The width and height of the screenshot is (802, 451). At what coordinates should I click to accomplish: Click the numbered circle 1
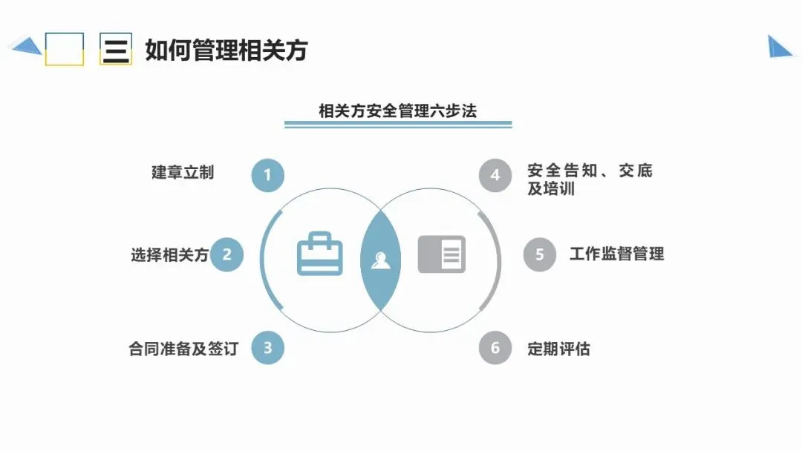point(268,176)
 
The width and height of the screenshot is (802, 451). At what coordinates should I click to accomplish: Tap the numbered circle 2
point(227,255)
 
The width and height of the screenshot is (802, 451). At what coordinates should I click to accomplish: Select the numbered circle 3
point(268,347)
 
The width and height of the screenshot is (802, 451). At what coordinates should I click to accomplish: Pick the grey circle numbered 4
point(495,176)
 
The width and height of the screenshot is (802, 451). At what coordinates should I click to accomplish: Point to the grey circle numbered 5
point(540,255)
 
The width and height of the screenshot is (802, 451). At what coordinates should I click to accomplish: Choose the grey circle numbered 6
point(495,348)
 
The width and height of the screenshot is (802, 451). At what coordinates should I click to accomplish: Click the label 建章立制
point(183,172)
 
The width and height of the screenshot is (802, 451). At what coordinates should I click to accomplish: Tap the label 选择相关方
point(169,255)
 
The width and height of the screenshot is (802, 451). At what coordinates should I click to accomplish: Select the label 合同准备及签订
point(183,348)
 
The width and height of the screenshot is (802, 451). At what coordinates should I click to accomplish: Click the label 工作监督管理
point(616,254)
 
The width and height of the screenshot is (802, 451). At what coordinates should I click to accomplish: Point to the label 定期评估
point(558,349)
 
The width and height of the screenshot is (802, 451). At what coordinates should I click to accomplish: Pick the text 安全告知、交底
point(590,171)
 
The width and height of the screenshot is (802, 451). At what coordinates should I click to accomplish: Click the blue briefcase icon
point(320,254)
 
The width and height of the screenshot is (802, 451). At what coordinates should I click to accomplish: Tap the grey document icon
point(441,254)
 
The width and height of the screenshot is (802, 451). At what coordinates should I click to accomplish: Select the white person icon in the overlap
point(381,260)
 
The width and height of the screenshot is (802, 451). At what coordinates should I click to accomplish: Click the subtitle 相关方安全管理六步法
point(397,111)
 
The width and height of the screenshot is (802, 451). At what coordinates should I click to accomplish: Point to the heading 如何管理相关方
point(226,50)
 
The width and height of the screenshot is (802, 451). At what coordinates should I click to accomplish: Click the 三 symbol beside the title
point(116,49)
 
